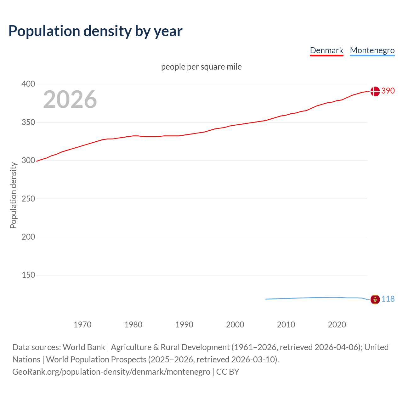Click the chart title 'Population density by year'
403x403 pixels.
click(95, 31)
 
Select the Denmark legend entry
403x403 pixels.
click(326, 50)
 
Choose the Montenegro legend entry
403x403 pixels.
click(372, 50)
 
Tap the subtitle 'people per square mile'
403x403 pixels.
click(201, 67)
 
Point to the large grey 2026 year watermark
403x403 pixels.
click(70, 99)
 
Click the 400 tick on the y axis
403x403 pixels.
click(28, 84)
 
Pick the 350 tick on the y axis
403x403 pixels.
click(28, 122)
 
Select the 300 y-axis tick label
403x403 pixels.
click(28, 160)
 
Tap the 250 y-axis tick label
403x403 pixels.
click(28, 199)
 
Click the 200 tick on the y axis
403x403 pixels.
click(28, 237)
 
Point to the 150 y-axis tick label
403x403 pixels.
click(28, 275)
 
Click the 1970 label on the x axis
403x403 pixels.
click(82, 325)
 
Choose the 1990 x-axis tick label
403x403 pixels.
click(184, 325)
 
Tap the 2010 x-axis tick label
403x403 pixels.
click(286, 325)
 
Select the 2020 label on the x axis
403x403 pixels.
click(337, 325)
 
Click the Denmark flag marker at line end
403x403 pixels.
click(375, 91)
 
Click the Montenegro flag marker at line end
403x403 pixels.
click(375, 299)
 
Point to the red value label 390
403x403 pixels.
click(388, 91)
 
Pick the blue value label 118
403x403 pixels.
click(388, 299)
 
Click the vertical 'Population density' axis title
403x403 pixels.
click(13, 195)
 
